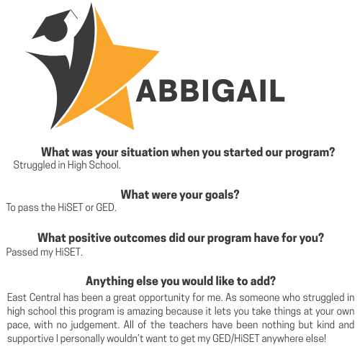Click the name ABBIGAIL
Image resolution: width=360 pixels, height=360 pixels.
210,91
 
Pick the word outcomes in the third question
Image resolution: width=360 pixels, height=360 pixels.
140,238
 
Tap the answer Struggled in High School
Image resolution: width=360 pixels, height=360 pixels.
67,165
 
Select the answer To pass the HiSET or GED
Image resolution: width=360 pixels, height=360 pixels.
61,207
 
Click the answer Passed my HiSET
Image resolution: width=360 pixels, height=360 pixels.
45,252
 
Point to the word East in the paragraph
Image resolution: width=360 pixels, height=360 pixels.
17,297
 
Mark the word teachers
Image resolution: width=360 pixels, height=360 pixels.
189,325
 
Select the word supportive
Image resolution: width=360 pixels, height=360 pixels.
30,339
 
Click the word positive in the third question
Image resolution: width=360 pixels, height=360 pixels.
90,238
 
